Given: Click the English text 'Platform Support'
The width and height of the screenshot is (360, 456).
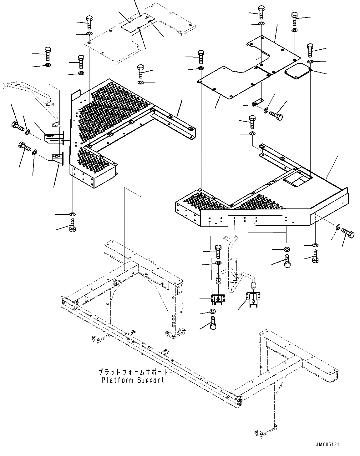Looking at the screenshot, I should click(133, 380).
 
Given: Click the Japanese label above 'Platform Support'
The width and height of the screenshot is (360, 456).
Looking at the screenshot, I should click(133, 372).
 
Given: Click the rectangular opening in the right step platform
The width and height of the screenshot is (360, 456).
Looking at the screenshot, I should click(297, 181).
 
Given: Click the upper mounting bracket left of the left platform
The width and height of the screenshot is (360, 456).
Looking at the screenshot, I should click(54, 138).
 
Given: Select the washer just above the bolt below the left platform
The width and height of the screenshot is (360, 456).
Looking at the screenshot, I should click(72, 214).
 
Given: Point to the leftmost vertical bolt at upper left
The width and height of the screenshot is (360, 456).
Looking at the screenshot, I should click(48, 54).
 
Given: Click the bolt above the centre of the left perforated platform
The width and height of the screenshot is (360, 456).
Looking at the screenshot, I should click(140, 71).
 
